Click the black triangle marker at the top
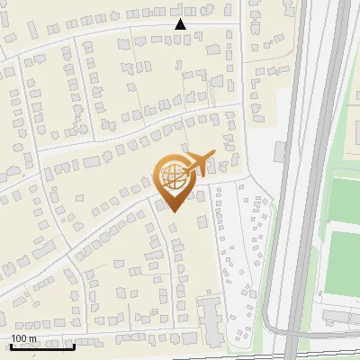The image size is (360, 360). click(180, 25)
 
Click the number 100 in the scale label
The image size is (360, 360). click(20, 338)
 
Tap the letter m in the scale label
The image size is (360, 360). click(32, 338)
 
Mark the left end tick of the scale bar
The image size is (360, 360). click(11, 345)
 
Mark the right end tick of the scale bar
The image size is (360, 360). click(75, 345)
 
